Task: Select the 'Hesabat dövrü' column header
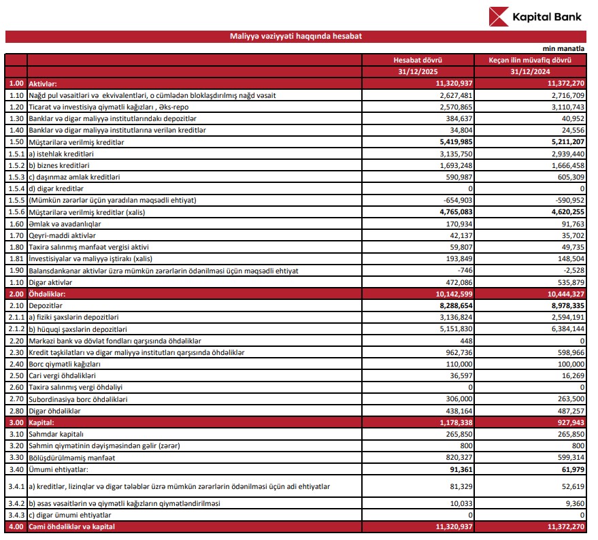coord(428,61)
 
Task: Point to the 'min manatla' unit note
coord(563,49)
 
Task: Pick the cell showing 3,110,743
coord(565,107)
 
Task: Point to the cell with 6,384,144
coord(565,328)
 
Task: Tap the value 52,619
coord(569,486)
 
